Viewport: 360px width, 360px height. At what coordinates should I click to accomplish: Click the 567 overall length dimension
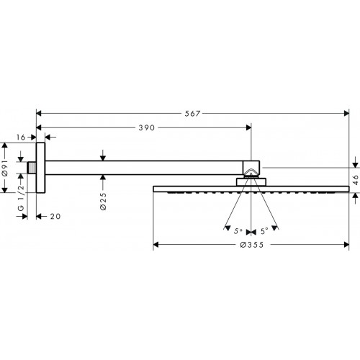click(192, 113)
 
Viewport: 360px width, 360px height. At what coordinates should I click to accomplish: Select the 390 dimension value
click(147, 127)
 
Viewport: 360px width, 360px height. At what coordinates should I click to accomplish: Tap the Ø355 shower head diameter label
click(252, 245)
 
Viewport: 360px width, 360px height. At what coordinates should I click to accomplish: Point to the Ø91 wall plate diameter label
click(5, 168)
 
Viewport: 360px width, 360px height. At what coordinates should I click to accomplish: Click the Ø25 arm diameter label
click(103, 202)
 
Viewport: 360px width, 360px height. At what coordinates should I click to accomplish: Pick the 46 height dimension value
click(356, 180)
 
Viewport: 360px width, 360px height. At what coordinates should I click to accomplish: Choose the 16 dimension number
click(21, 138)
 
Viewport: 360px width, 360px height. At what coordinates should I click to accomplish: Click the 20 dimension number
click(55, 217)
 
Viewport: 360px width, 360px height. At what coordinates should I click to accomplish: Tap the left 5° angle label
click(238, 231)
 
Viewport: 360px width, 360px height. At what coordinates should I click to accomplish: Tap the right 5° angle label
click(264, 231)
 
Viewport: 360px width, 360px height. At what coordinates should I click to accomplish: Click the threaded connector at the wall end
click(32, 168)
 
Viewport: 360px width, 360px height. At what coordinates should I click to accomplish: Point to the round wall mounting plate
click(40, 168)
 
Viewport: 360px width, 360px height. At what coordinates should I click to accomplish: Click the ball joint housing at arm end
click(251, 169)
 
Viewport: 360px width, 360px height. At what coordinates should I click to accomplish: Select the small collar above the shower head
click(251, 182)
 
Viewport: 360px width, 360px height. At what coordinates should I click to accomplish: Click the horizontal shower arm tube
click(144, 168)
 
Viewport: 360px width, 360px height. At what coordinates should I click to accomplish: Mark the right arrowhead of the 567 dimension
click(346, 113)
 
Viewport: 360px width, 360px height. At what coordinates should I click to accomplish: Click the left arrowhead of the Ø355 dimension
click(156, 245)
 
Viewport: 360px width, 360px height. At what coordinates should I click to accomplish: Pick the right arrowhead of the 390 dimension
click(248, 127)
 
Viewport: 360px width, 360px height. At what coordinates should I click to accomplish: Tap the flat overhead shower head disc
click(251, 189)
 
